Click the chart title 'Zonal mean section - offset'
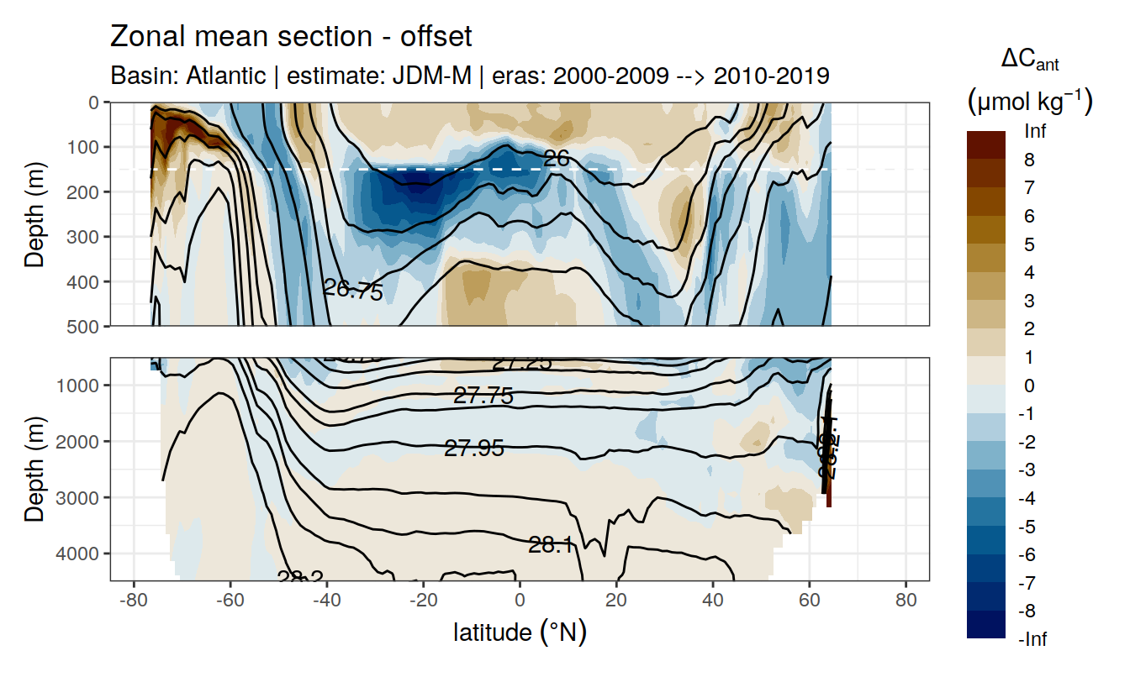(x=291, y=38)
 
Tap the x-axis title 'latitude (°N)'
(x=520, y=632)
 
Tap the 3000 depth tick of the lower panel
(x=80, y=497)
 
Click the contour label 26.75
(x=353, y=291)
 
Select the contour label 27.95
(x=474, y=449)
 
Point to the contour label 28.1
(x=552, y=545)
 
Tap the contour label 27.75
(x=483, y=396)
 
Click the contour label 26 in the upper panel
(x=557, y=158)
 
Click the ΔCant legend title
(x=1029, y=60)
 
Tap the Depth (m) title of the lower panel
(x=34, y=468)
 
